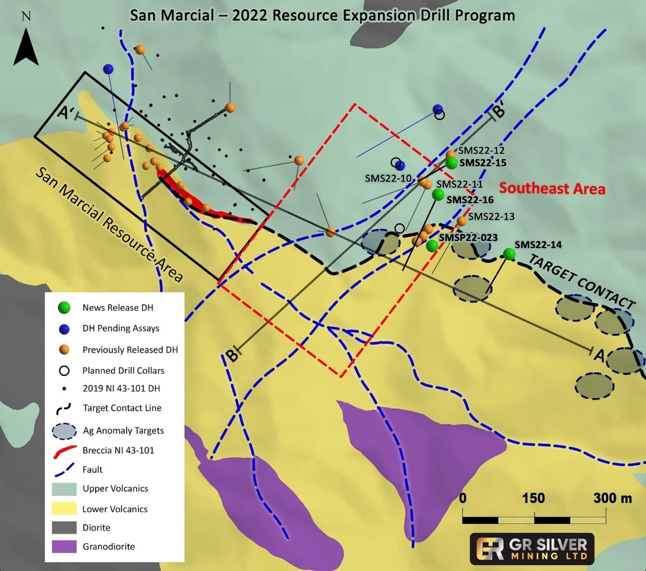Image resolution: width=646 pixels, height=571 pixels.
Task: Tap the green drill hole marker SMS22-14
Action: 509,254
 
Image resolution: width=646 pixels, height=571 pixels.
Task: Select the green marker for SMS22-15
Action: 452,163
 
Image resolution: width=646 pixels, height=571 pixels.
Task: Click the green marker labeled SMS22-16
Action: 438,194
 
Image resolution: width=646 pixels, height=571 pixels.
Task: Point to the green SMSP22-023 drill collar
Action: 432,246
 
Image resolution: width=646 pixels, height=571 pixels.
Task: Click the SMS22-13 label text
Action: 491,216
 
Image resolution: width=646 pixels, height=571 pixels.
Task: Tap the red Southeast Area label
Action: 552,188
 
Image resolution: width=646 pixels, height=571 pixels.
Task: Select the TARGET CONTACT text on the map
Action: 581,281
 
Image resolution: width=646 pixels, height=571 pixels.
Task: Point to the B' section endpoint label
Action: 499,111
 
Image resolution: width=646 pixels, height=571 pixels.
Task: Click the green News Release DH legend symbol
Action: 64,308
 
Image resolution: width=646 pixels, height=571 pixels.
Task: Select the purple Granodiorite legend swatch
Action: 65,546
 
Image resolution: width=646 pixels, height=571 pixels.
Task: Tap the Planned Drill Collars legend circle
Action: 64,370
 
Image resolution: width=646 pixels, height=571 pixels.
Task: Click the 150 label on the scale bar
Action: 533,498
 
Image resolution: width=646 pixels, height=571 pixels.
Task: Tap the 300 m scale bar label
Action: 612,498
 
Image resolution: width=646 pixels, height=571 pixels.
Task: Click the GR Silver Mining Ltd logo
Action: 532,549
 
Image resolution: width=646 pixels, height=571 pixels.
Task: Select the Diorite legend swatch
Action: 65,528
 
